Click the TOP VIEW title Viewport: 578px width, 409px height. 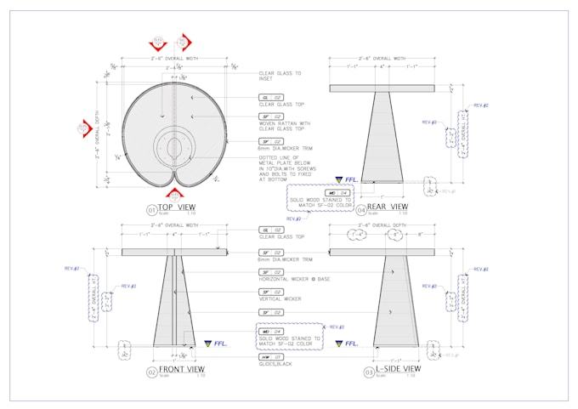coord(177,207)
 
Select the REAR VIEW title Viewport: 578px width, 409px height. coord(387,207)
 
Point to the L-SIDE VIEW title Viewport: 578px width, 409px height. coord(393,370)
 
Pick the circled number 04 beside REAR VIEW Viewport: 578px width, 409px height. coord(361,208)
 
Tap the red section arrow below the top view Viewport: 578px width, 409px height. coord(175,195)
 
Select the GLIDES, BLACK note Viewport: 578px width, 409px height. coord(276,364)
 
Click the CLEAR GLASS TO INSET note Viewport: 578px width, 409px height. coord(280,77)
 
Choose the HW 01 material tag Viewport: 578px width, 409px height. coord(265,356)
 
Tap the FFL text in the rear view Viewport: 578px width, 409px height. coord(349,179)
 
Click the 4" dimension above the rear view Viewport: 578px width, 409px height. coord(382,66)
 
